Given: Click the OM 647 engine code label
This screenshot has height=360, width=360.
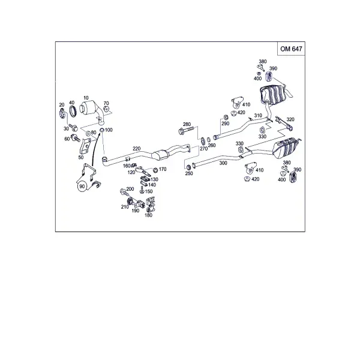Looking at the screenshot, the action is tap(291, 49).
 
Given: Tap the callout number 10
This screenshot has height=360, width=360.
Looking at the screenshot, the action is tap(86, 98).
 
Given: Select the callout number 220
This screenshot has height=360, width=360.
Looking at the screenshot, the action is tap(136, 149).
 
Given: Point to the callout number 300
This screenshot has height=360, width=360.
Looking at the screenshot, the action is tap(223, 163).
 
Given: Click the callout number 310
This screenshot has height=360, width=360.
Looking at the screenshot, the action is tap(258, 115).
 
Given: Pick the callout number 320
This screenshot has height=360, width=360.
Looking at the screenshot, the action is tap(290, 119).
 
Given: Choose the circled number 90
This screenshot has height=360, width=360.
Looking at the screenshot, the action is tap(82, 187).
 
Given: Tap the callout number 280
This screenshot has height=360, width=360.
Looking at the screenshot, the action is tap(187, 124).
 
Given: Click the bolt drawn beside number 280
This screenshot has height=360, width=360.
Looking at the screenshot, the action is tap(186, 130).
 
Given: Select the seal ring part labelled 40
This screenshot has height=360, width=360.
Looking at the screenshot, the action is tap(73, 111).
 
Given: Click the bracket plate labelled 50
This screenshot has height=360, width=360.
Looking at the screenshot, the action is tap(85, 146).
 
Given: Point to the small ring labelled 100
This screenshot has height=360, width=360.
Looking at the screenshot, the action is tap(102, 130).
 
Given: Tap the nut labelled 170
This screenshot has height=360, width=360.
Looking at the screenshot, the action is tap(155, 170).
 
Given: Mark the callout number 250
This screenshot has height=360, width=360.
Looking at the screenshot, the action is tap(189, 173).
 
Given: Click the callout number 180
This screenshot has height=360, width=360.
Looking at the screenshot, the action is tap(149, 215).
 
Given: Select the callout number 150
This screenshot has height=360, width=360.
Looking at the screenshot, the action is tap(149, 191).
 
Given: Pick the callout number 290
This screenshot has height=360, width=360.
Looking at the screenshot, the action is tap(226, 124).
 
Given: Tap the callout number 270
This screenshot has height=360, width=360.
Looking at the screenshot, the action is tap(203, 149).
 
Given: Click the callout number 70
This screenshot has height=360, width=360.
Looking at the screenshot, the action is tap(106, 103).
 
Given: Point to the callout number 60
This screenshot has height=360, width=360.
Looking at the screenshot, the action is tap(67, 139).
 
